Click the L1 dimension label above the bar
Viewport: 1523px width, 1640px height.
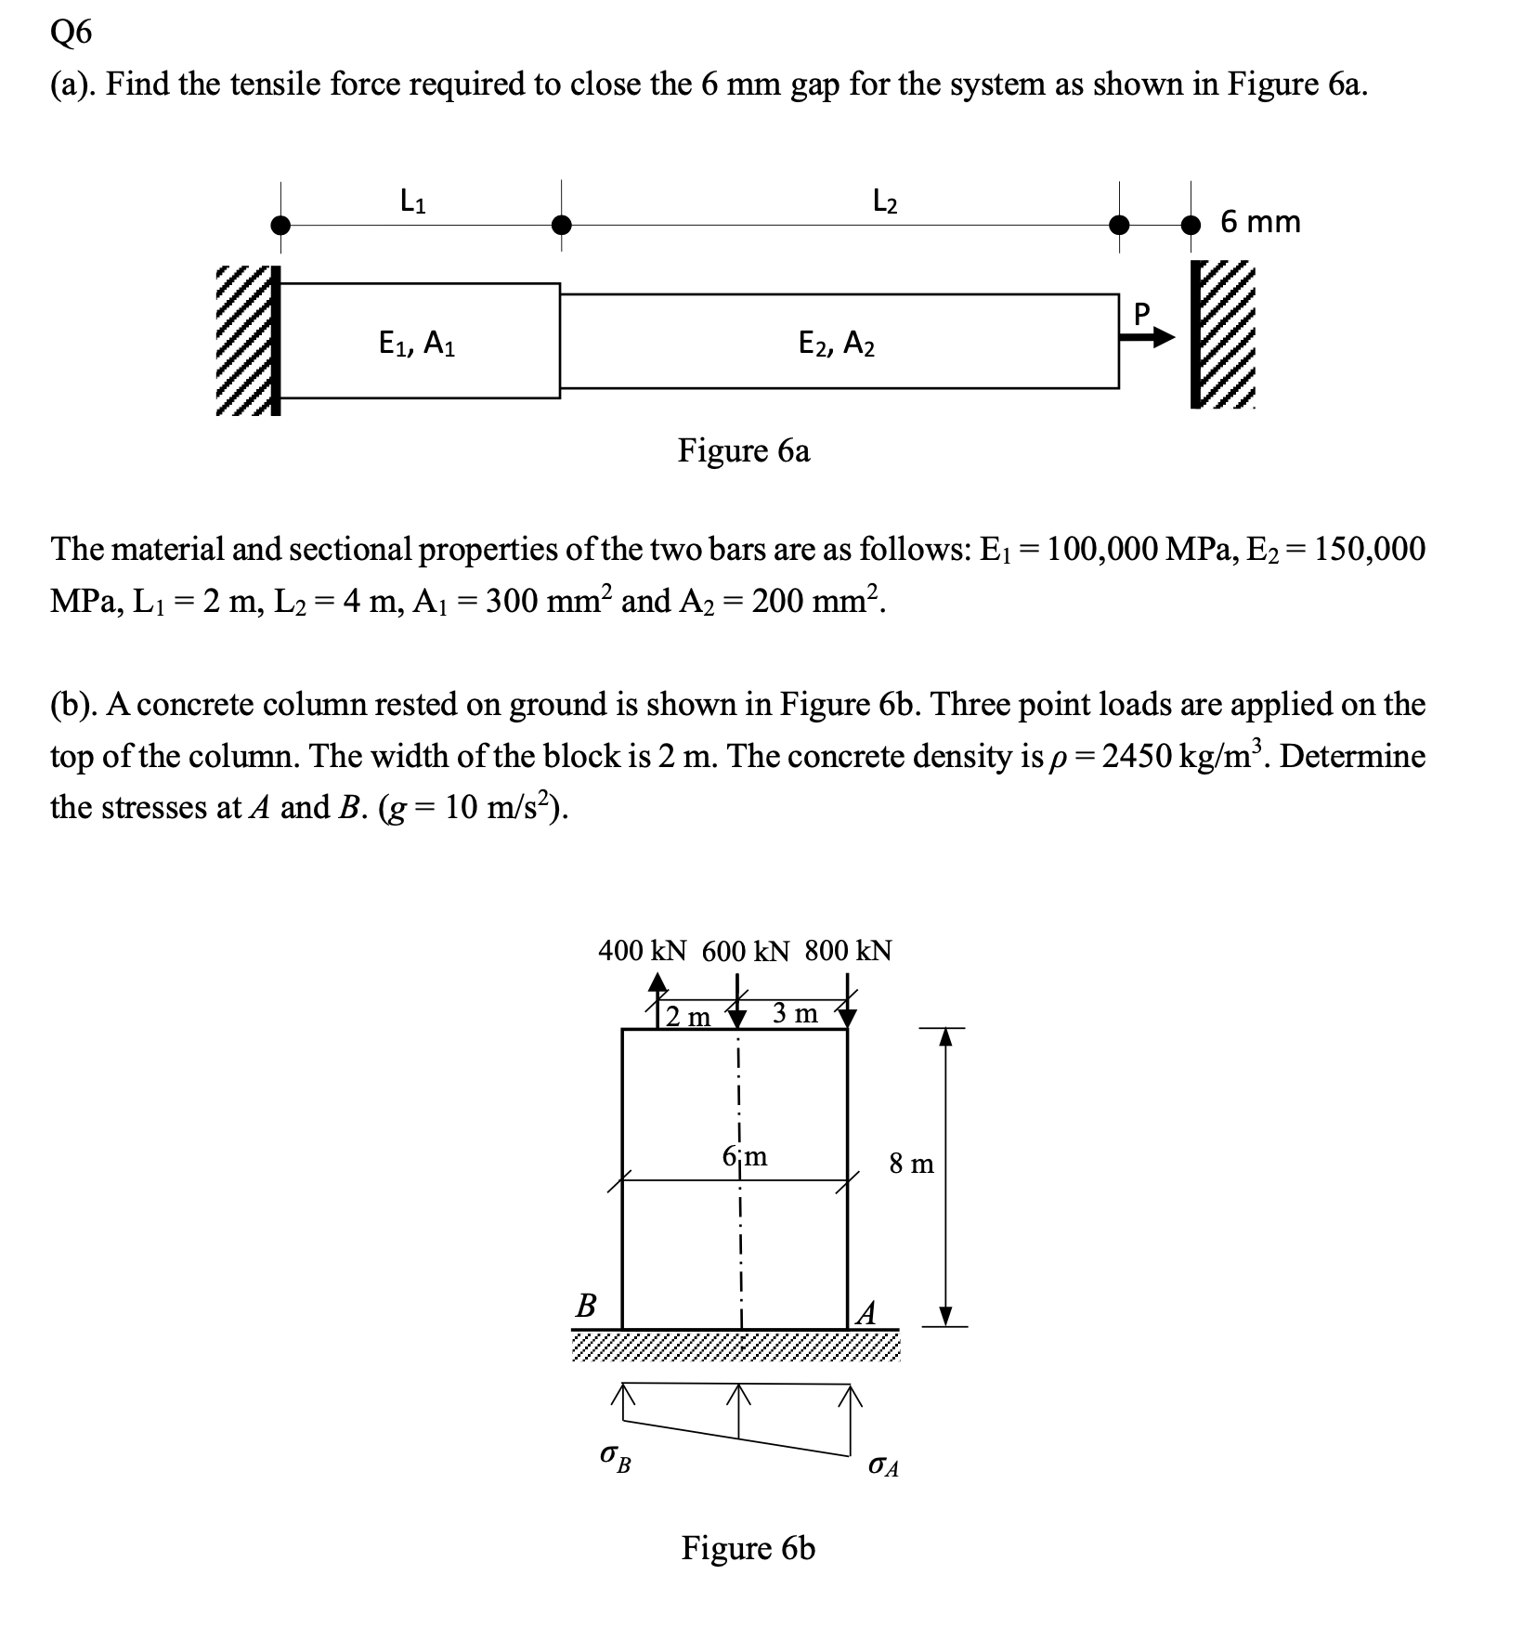413,200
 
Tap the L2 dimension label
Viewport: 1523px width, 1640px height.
886,200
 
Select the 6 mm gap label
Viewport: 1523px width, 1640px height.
1260,222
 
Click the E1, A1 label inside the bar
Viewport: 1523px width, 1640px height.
417,345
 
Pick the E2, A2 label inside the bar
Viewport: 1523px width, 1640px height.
837,345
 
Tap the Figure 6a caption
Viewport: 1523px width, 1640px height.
744,450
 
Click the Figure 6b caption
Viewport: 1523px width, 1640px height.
748,1547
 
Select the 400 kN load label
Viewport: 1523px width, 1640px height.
643,951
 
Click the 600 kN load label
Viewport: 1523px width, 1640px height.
746,951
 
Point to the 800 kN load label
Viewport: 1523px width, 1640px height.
848,951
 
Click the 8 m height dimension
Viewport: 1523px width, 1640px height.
912,1164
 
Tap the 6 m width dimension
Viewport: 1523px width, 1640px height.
745,1157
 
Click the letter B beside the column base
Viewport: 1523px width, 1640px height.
586,1307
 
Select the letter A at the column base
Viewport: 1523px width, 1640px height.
866,1312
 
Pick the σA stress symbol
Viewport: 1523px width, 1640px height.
883,1466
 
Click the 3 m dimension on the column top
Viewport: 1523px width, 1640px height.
795,1013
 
